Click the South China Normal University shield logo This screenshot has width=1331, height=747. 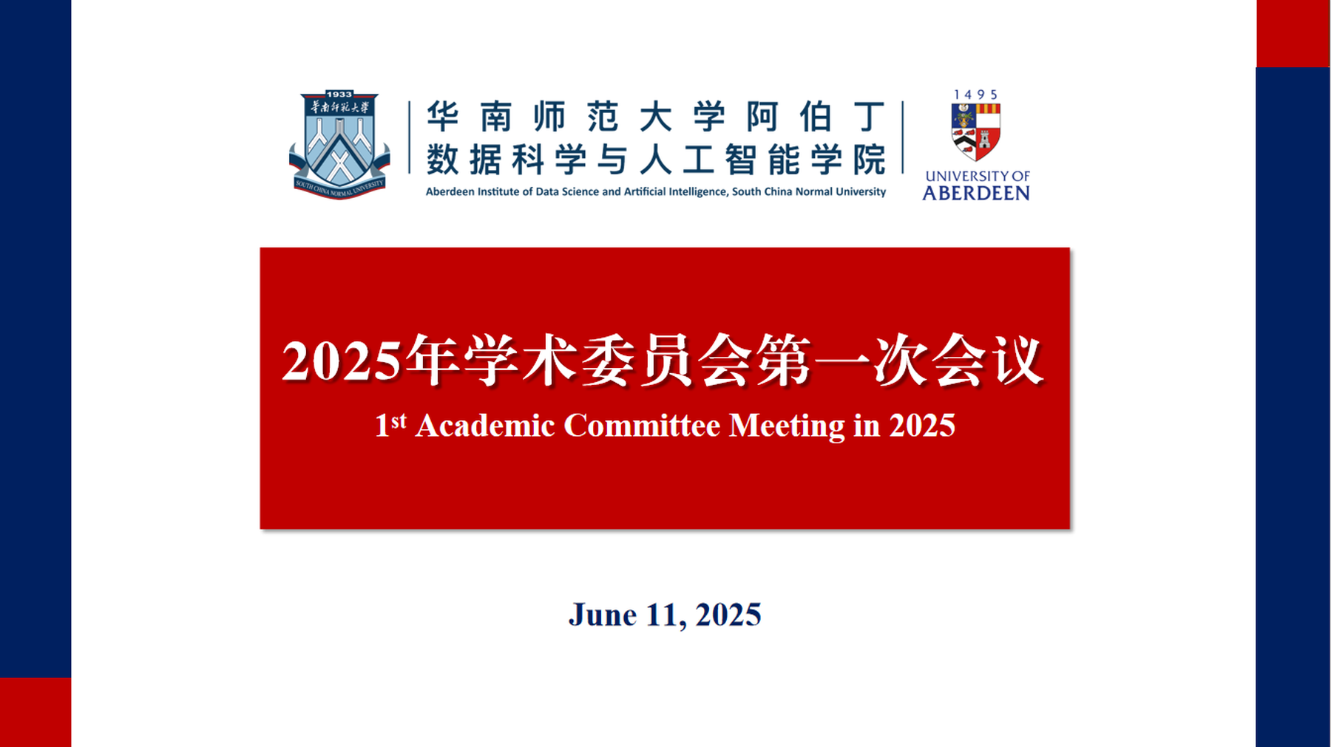pyautogui.click(x=339, y=145)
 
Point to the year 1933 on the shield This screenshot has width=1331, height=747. pyautogui.click(x=339, y=95)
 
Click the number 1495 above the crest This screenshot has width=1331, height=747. pyautogui.click(x=975, y=95)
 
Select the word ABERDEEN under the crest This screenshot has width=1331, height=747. pyautogui.click(x=976, y=193)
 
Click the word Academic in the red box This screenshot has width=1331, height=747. pyautogui.click(x=485, y=426)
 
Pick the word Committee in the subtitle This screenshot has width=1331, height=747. pyautogui.click(x=642, y=426)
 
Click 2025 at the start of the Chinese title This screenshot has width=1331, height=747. pyautogui.click(x=341, y=362)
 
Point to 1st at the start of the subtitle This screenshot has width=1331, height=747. pyautogui.click(x=390, y=425)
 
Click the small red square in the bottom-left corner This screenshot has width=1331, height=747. pyautogui.click(x=35, y=712)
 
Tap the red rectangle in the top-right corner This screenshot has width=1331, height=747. pyautogui.click(x=1293, y=33)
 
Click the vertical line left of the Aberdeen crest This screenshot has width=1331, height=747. pyautogui.click(x=903, y=137)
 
